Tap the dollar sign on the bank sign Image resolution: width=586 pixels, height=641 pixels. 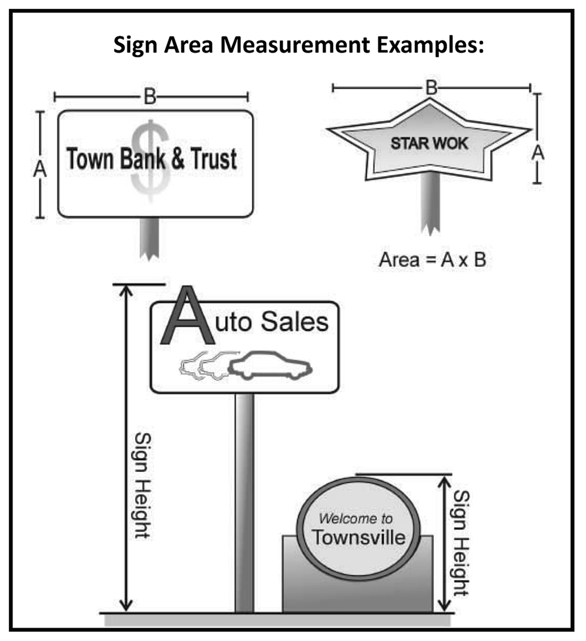(150, 157)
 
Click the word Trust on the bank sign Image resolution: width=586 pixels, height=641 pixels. (212, 159)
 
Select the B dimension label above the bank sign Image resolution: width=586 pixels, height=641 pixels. (150, 96)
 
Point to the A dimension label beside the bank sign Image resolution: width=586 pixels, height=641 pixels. (40, 169)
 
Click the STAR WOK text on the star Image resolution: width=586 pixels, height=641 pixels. (429, 143)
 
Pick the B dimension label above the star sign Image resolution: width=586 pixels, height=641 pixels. (431, 88)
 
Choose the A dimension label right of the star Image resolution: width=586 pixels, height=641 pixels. (538, 152)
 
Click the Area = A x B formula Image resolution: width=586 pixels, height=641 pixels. (432, 260)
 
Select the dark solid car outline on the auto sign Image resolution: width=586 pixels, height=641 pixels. (270, 364)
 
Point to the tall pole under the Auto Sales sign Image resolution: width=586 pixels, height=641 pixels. (244, 503)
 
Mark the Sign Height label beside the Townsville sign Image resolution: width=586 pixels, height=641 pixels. (460, 543)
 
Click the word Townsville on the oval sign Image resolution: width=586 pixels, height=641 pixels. (358, 537)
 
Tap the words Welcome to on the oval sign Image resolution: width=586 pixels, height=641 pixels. (356, 518)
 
